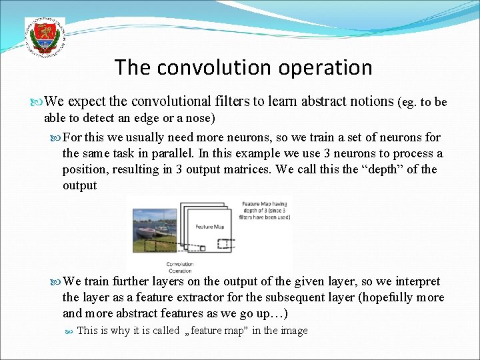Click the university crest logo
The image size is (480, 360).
click(x=44, y=36)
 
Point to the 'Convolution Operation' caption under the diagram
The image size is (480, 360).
click(x=180, y=267)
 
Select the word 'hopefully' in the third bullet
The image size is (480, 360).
click(x=385, y=297)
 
